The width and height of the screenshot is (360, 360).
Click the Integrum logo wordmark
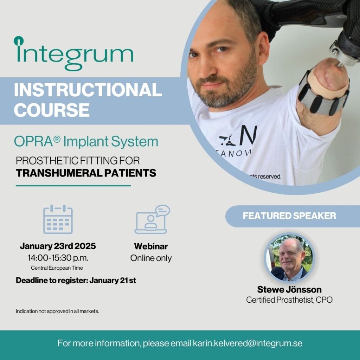pos(74,53)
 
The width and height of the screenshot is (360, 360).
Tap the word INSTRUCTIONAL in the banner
pos(88,90)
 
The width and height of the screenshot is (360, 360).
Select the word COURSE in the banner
pos(52,110)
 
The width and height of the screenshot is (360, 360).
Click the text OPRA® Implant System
pos(86,142)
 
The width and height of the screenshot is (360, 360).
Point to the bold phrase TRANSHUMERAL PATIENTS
pos(86,173)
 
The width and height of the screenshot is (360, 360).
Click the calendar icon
pos(58,219)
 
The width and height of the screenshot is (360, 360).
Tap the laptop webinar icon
pos(152,220)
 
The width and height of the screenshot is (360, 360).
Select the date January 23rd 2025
pos(58,246)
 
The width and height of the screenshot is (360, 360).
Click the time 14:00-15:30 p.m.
pos(58,258)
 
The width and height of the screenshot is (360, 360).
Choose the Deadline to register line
pos(76,281)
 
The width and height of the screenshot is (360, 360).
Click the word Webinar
pos(151,246)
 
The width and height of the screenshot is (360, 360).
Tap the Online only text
pos(151,258)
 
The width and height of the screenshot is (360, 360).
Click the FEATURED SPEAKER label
pos(289,216)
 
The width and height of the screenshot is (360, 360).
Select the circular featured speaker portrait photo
pos(289,258)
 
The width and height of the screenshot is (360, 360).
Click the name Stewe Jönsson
pos(289,290)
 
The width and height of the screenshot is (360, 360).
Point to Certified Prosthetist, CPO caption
pos(289,300)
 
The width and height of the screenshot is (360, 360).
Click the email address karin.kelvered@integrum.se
pos(247,343)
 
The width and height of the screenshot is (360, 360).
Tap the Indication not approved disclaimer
pos(57,311)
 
